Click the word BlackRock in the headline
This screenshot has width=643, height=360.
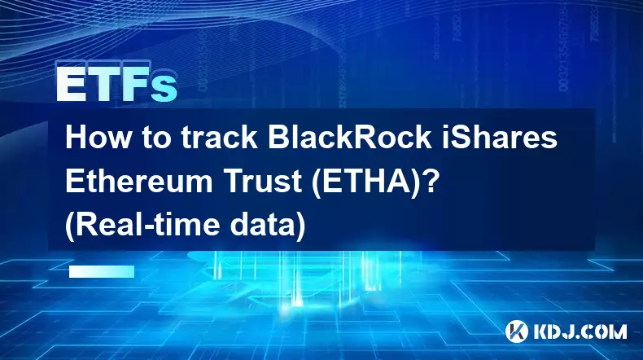coord(349,138)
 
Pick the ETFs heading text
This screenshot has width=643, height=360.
coord(116,85)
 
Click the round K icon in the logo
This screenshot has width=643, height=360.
coord(517,331)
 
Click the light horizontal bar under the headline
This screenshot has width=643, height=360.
coord(102,271)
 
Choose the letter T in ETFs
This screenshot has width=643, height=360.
coord(102,85)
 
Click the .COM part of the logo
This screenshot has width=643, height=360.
coord(601,331)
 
